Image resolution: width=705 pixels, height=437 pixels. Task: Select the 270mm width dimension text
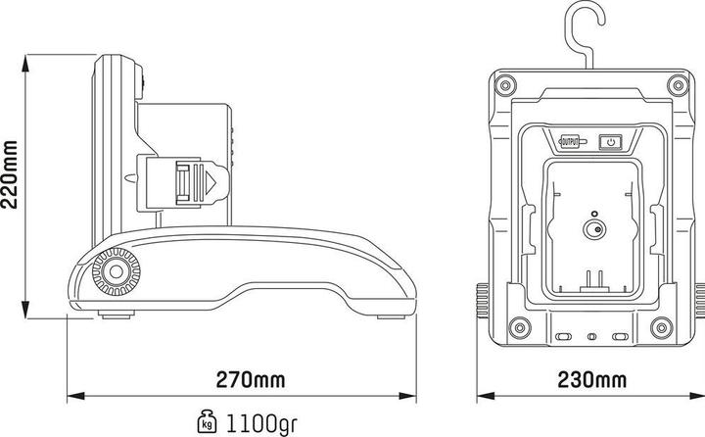(x=250, y=378)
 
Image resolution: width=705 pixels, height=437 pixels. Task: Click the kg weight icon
(x=207, y=422)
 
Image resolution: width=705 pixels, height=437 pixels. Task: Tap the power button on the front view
(x=610, y=142)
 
